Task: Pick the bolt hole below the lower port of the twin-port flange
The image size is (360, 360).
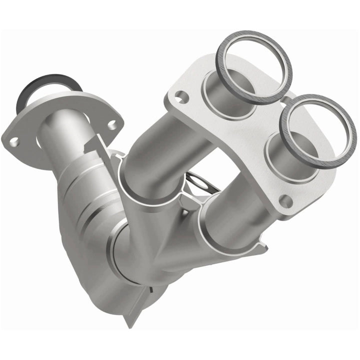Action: (286, 202)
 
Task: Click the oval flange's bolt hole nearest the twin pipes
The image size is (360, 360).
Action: (113, 123)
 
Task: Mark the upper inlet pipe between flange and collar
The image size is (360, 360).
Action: (165, 145)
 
